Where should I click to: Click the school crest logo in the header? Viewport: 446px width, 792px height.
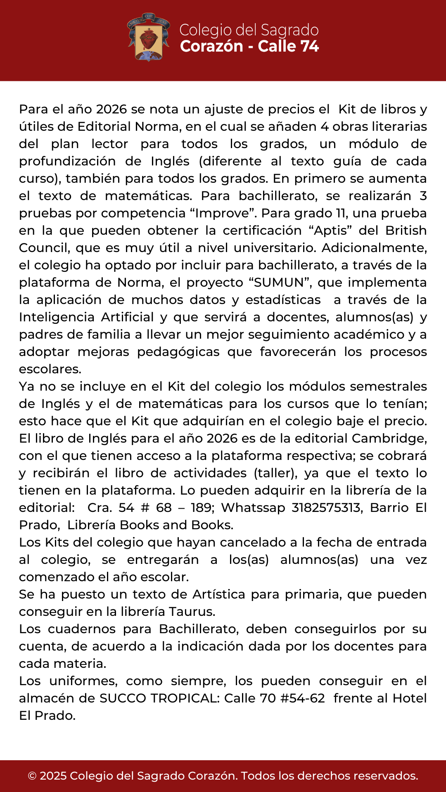(x=149, y=38)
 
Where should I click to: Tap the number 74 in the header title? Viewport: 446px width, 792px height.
(x=310, y=46)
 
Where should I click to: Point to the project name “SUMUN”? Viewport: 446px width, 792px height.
(x=279, y=283)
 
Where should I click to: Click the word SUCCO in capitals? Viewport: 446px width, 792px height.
(x=123, y=698)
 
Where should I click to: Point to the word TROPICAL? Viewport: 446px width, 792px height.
(x=185, y=698)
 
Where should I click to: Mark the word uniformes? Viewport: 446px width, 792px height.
(x=83, y=681)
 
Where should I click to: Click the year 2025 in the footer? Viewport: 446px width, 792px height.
(x=53, y=776)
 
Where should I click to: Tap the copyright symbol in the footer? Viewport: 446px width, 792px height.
(x=32, y=776)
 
